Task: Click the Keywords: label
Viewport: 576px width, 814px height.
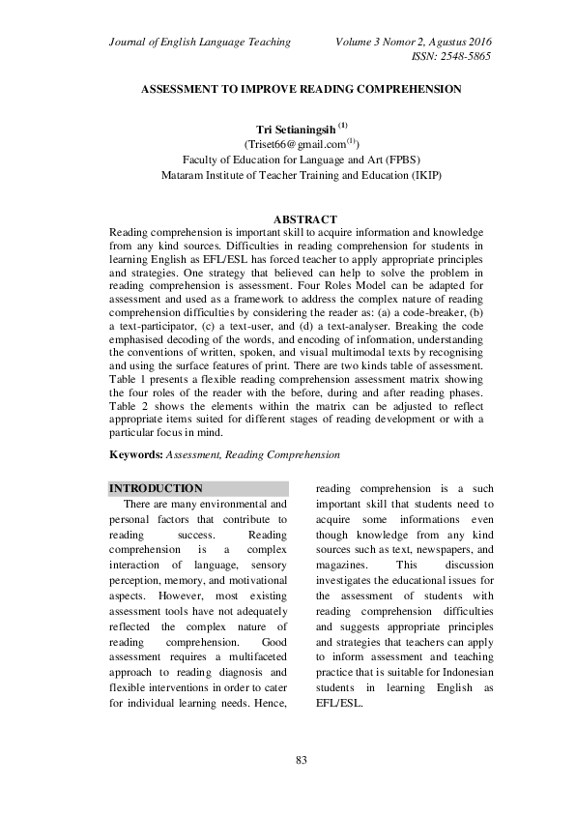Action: point(136,452)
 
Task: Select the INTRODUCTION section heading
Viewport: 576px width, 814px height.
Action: point(157,489)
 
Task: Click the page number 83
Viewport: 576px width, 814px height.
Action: point(301,762)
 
